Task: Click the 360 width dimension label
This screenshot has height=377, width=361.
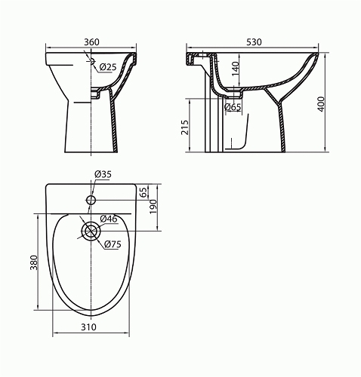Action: pos(91,42)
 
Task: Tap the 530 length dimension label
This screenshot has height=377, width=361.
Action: pos(254,42)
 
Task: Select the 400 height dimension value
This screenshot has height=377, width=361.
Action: pos(321,104)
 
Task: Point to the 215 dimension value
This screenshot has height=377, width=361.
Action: pos(185,127)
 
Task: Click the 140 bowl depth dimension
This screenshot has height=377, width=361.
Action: pos(235,69)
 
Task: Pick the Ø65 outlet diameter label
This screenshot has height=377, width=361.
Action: pos(233,107)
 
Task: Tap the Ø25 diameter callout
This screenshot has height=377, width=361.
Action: pos(108,67)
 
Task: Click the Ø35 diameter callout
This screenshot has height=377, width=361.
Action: pos(103,174)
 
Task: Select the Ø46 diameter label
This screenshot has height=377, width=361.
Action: pos(109,219)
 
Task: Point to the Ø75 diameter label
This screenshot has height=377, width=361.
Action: pos(113,244)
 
